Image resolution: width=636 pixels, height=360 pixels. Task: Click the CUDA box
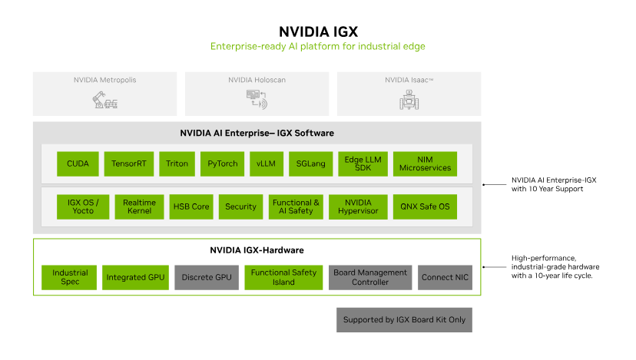pyautogui.click(x=78, y=163)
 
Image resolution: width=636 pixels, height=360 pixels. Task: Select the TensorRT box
pyautogui.click(x=129, y=163)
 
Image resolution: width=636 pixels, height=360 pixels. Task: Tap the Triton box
pyautogui.click(x=177, y=163)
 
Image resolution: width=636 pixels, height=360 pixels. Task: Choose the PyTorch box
pyautogui.click(x=223, y=163)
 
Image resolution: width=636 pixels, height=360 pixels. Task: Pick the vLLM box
pyautogui.click(x=267, y=163)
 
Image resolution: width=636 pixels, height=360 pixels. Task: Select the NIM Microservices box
pyautogui.click(x=425, y=163)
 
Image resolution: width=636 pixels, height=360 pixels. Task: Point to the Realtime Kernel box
pyautogui.click(x=139, y=206)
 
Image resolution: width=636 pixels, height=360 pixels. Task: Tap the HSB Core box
pyautogui.click(x=190, y=206)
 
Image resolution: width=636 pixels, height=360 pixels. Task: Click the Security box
pyautogui.click(x=240, y=206)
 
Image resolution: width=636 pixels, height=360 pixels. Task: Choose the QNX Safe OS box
pyautogui.click(x=425, y=206)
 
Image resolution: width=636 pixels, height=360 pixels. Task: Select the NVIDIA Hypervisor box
pyautogui.click(x=359, y=206)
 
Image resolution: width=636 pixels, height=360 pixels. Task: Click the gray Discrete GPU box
pyautogui.click(x=207, y=277)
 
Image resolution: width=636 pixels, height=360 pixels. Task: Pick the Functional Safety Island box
pyautogui.click(x=283, y=277)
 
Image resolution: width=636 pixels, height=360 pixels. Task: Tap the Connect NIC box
pyautogui.click(x=446, y=277)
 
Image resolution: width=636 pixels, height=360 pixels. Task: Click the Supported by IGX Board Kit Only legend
pyautogui.click(x=404, y=319)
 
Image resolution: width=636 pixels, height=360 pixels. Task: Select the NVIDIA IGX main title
pyautogui.click(x=318, y=31)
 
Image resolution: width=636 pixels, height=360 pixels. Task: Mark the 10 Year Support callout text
pyautogui.click(x=554, y=184)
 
